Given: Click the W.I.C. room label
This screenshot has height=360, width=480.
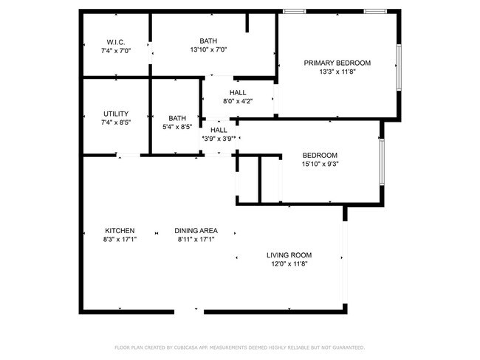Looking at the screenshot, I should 115,41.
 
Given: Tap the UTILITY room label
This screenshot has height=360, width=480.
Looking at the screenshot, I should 116,114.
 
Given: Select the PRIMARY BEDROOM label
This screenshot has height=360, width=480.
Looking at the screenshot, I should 337,63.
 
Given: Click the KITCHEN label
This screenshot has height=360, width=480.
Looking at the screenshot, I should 120,230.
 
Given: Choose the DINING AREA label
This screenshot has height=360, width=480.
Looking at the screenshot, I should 196,230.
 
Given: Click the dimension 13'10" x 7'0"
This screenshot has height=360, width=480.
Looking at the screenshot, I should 208,50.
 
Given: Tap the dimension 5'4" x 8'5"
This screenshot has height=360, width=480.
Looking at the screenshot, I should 177,127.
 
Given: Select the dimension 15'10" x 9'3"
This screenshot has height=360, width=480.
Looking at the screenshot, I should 320,165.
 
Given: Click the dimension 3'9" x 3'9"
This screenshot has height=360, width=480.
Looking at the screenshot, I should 219,138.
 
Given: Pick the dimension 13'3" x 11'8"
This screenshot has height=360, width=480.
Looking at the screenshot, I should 337,72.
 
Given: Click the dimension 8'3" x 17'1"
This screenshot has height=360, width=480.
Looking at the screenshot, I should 120,239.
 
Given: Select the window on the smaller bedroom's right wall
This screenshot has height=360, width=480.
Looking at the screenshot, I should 381,162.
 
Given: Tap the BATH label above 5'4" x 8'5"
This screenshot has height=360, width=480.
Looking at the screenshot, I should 177,118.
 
